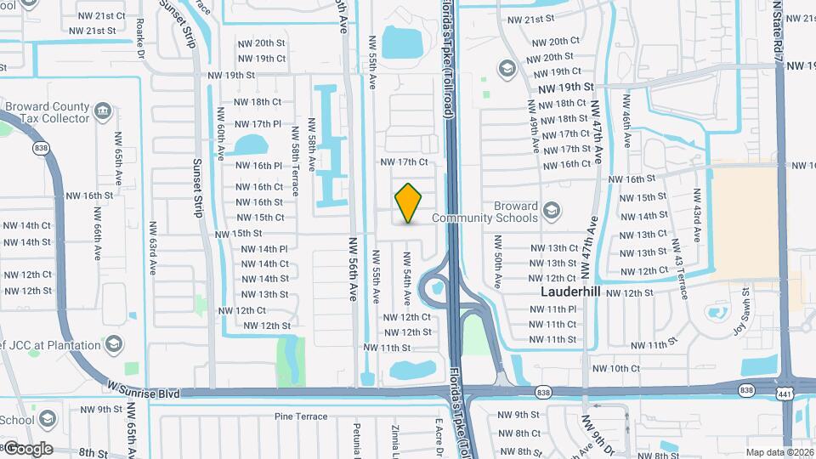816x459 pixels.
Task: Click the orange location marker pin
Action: coord(408,203)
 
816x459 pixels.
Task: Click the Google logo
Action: coord(27,449)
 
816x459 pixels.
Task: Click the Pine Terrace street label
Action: coord(301,416)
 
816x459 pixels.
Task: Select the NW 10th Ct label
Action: coord(616,368)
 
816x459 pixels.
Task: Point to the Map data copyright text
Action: coord(780,452)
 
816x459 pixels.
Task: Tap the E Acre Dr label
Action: coord(439,437)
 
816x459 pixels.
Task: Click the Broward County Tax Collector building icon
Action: coord(103,110)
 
